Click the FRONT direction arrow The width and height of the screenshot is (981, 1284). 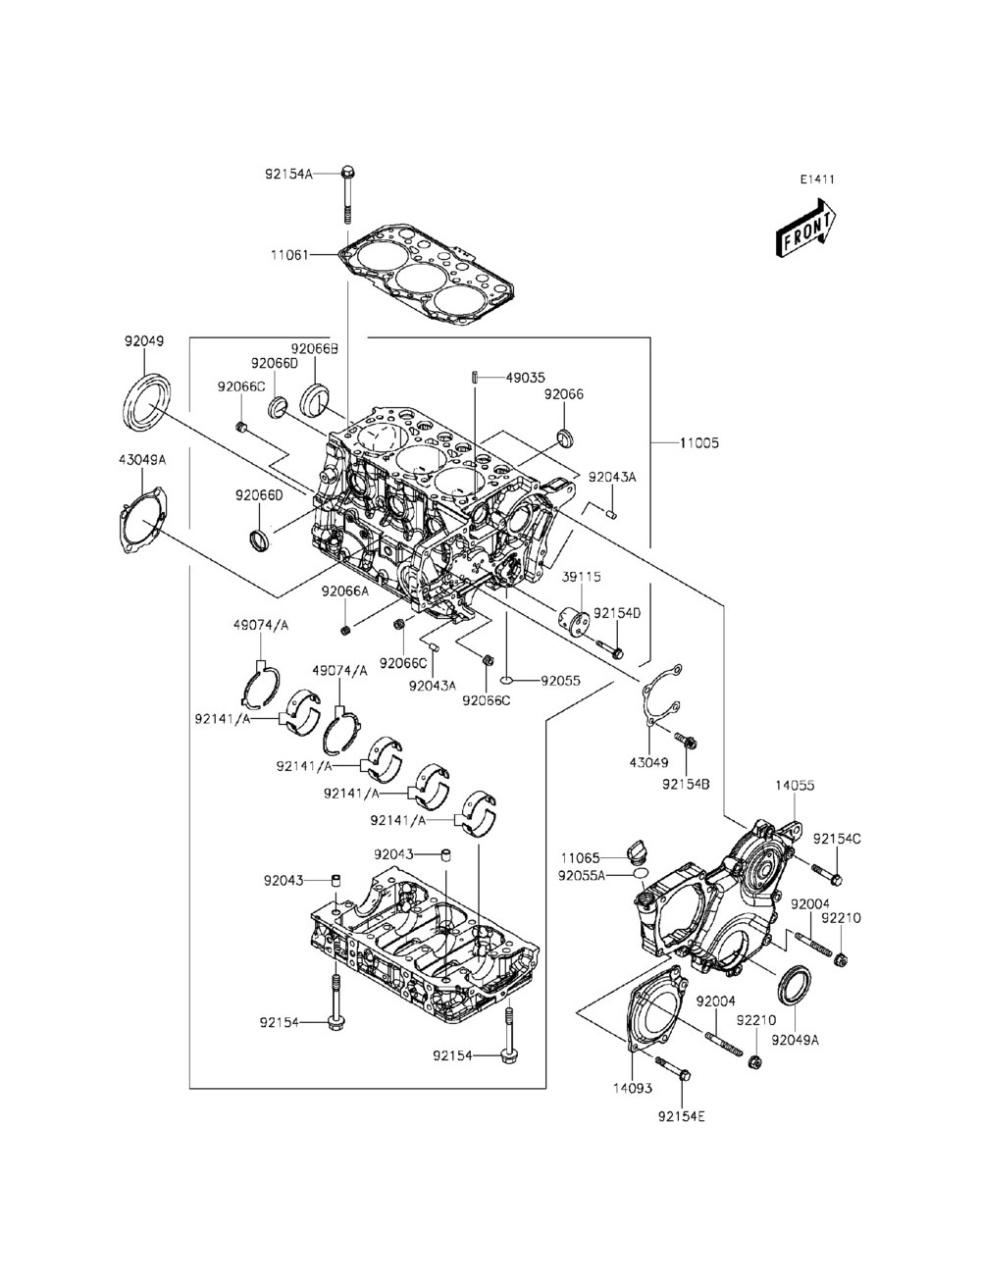805,222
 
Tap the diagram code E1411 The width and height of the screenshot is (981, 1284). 817,180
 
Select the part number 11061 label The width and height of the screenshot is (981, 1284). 289,256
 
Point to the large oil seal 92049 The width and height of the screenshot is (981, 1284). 148,402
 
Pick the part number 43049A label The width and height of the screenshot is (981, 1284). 142,459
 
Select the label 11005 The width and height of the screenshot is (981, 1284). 699,442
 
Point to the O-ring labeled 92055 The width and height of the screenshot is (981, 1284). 507,680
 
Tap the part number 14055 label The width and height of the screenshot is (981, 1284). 795,785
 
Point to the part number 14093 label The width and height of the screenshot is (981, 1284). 633,1088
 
